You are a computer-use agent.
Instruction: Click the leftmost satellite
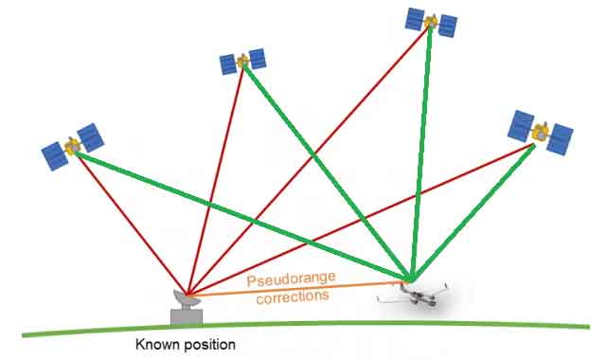[73, 146]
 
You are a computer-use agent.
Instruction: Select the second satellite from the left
[243, 62]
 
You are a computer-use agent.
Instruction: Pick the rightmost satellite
[541, 132]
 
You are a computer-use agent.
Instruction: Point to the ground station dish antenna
[187, 297]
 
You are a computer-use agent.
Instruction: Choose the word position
[209, 346]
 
